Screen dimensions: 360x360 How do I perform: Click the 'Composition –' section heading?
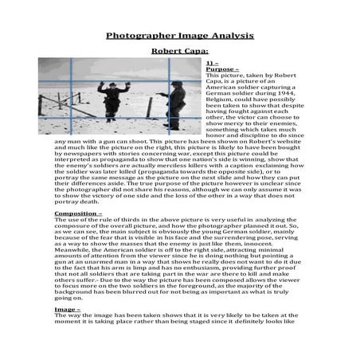[x=78, y=214]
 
